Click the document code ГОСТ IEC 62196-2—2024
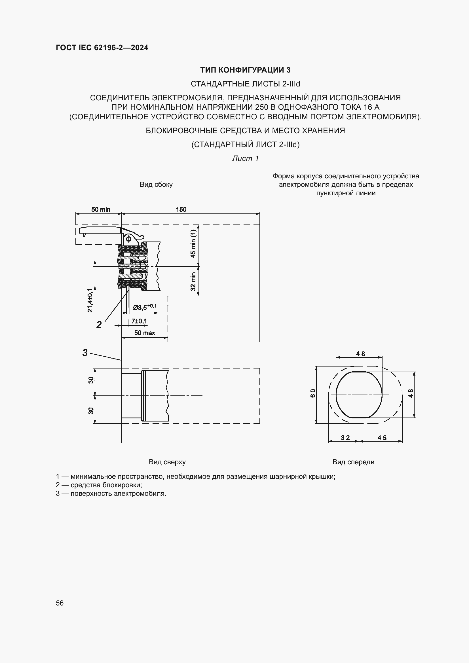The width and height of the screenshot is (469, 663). (x=102, y=48)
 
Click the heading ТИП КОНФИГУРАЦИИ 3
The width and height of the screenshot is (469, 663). (x=245, y=70)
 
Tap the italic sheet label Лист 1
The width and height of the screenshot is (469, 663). (x=245, y=158)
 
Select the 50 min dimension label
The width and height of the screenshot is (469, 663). (x=101, y=209)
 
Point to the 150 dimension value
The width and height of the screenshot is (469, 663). (x=181, y=209)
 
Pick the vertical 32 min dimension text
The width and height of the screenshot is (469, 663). (x=193, y=281)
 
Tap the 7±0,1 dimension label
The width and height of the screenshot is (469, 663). (x=139, y=321)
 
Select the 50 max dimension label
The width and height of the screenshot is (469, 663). (x=144, y=333)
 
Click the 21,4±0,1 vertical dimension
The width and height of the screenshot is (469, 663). (x=90, y=300)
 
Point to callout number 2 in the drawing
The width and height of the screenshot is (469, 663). (x=99, y=325)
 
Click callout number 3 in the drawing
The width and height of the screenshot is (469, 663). (x=85, y=353)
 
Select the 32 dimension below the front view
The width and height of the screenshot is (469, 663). (x=345, y=437)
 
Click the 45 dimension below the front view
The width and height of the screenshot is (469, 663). (x=382, y=437)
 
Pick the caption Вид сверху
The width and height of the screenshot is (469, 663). (x=167, y=462)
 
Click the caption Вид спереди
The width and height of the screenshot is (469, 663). (x=353, y=462)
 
